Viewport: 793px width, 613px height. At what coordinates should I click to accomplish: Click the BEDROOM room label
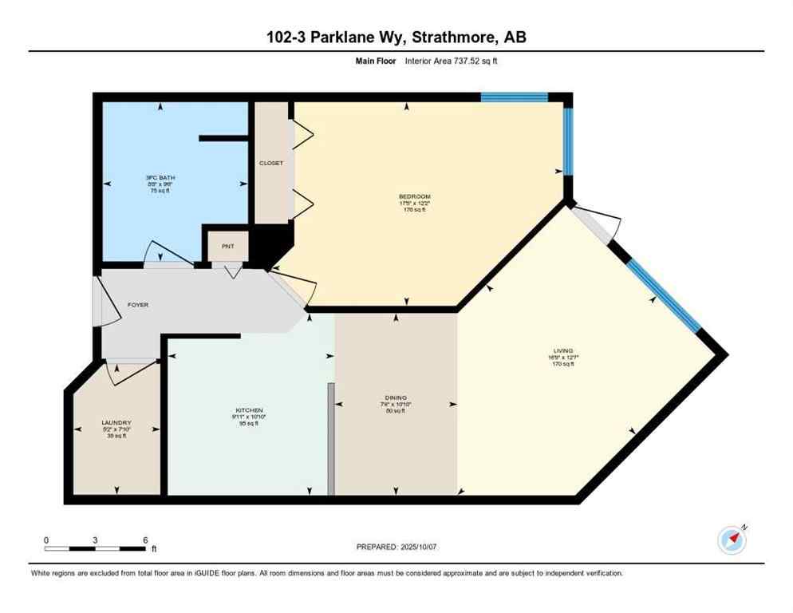coord(415,196)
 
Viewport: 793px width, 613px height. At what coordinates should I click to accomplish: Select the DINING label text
coord(396,397)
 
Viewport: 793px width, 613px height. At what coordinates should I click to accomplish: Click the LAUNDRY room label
coord(116,423)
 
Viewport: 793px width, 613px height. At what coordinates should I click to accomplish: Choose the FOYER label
coord(138,305)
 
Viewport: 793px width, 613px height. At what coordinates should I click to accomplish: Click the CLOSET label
coord(271,164)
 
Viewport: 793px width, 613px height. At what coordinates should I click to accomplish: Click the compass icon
coord(732,540)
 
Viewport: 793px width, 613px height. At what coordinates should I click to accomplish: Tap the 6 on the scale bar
coord(144,540)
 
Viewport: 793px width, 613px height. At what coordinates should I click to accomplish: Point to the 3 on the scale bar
coord(95,540)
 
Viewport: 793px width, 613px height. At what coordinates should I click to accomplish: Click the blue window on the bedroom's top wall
coord(514,98)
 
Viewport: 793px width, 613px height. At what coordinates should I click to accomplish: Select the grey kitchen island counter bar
coord(330,439)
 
